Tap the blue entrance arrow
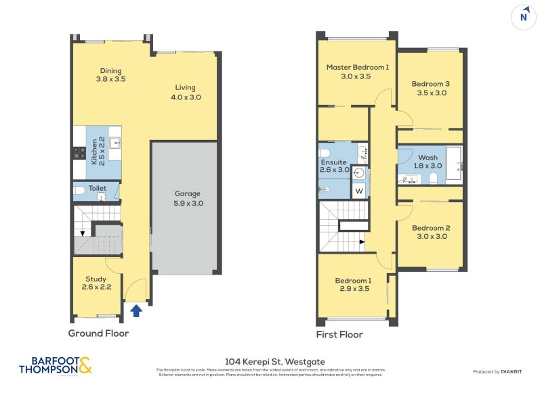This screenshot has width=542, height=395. click(x=135, y=310)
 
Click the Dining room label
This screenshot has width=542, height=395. click(x=111, y=70)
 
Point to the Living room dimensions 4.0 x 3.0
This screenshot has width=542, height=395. click(x=186, y=97)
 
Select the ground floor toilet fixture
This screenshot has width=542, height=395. click(x=79, y=191)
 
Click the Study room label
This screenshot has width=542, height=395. click(x=96, y=279)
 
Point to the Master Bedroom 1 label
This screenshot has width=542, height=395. click(x=357, y=68)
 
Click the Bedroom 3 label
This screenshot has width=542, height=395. click(x=430, y=84)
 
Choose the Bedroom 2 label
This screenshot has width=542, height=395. click(x=430, y=228)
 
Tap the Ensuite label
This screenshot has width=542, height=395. click(x=333, y=162)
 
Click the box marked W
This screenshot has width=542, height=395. click(x=359, y=191)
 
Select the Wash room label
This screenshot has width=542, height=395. click(x=428, y=158)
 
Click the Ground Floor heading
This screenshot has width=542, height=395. click(x=98, y=333)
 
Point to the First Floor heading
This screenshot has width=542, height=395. click(x=339, y=335)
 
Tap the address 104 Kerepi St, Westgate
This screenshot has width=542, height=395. click(x=271, y=363)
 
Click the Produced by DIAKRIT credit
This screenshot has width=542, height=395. click(x=502, y=372)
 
